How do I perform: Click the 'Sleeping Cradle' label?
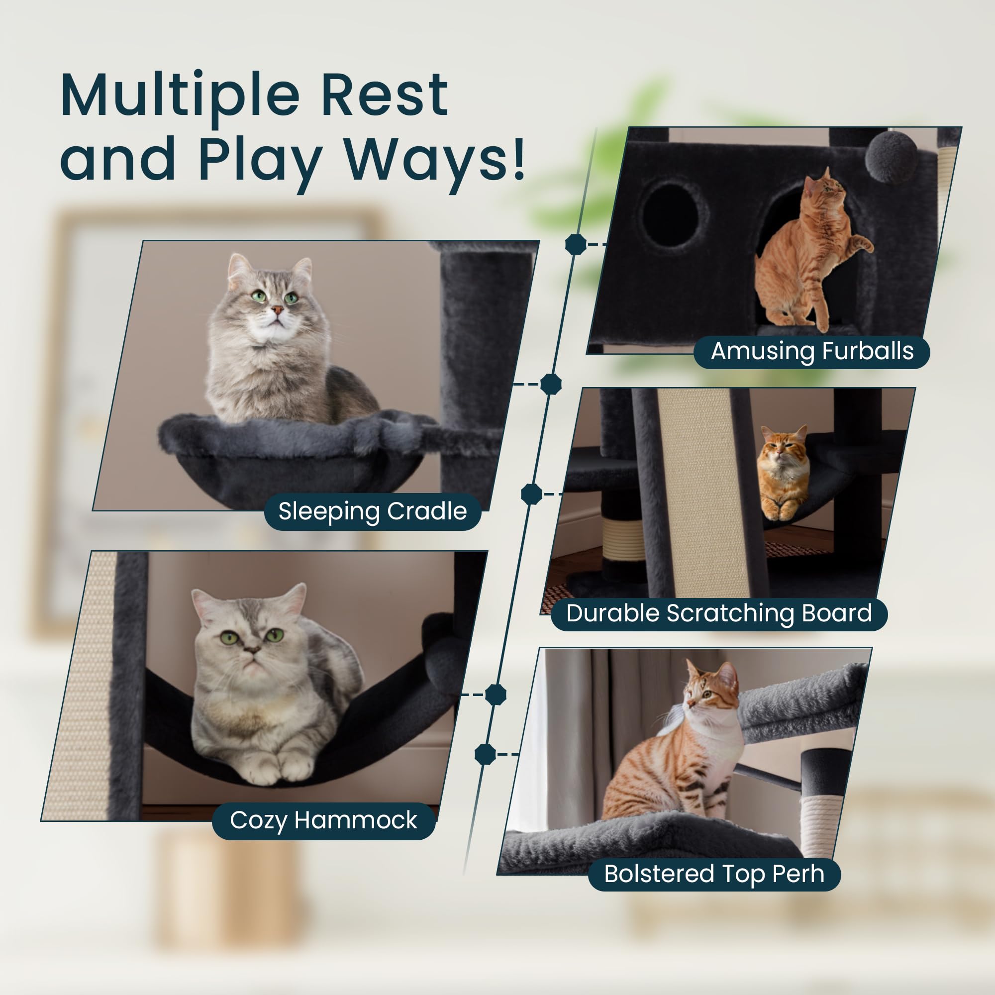[372, 511]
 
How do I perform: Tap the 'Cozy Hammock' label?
[323, 820]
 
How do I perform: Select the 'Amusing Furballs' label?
[811, 351]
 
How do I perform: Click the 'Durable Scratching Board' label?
[719, 613]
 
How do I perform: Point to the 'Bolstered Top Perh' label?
[714, 874]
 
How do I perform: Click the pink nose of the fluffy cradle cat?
[277, 309]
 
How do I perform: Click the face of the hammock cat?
[247, 636]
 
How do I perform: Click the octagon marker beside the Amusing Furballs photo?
[576, 244]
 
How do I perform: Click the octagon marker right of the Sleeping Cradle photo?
[551, 384]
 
